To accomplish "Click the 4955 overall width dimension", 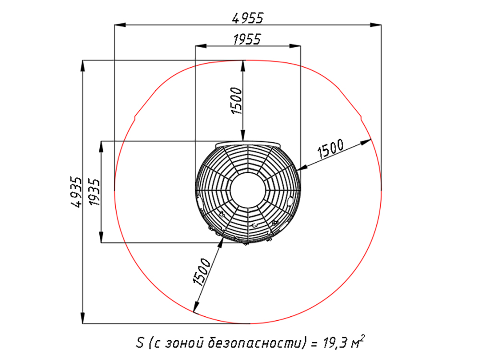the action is pos(248,18).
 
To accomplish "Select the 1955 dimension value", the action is pos(247,39).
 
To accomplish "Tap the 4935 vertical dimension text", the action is pos(76,192).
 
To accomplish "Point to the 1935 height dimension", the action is pos(94,192).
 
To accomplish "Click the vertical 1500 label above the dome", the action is pos(237,101).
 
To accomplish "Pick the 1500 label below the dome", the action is pos(202,272).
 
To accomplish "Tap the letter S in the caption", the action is pos(140,342).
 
